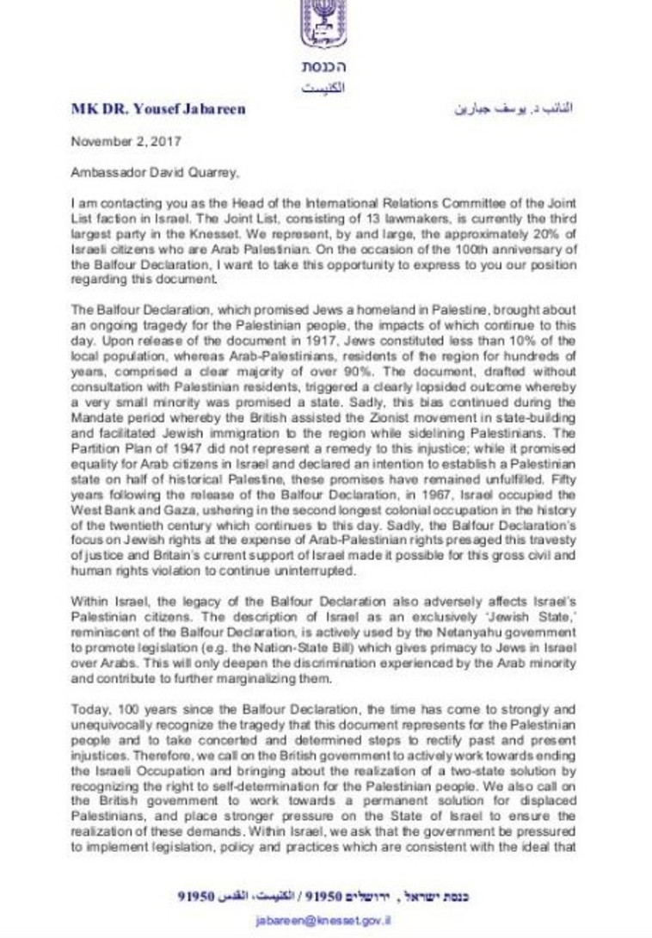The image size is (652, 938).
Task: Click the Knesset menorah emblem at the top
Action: (324, 24)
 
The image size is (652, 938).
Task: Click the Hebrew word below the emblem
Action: (324, 67)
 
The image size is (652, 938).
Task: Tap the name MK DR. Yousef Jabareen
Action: (158, 109)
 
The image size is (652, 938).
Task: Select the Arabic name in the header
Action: (513, 109)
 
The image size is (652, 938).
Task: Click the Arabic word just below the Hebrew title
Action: (324, 88)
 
